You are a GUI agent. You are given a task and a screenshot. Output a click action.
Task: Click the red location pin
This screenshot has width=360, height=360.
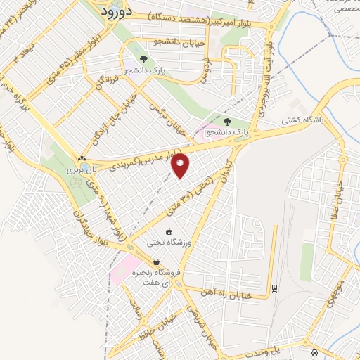pyautogui.click(x=181, y=165)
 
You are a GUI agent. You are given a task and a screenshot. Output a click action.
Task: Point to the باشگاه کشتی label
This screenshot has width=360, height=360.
pyautogui.click(x=302, y=120)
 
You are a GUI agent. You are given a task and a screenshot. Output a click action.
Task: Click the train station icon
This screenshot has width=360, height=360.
pyautogui.click(x=274, y=286)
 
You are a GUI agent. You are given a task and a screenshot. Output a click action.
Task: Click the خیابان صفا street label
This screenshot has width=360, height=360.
pyautogui.click(x=337, y=196)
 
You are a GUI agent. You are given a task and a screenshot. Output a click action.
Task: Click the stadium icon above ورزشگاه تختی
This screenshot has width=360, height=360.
pyautogui.click(x=169, y=231)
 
